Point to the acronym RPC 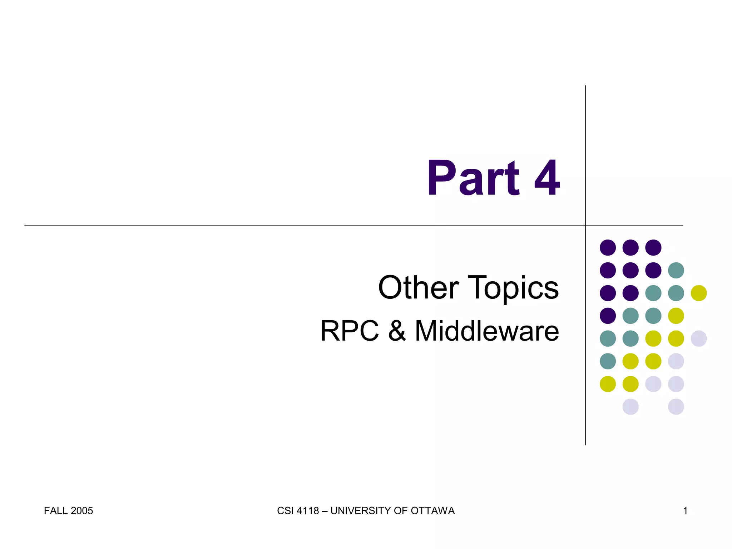(350, 331)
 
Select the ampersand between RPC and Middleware (397, 331)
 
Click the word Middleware (487, 331)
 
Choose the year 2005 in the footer (82, 511)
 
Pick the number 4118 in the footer (308, 511)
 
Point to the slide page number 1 (685, 511)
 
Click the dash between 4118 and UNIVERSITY (325, 511)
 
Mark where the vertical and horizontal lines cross (585, 226)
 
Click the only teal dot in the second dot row (676, 270)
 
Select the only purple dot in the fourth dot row (608, 316)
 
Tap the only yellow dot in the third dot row (699, 293)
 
